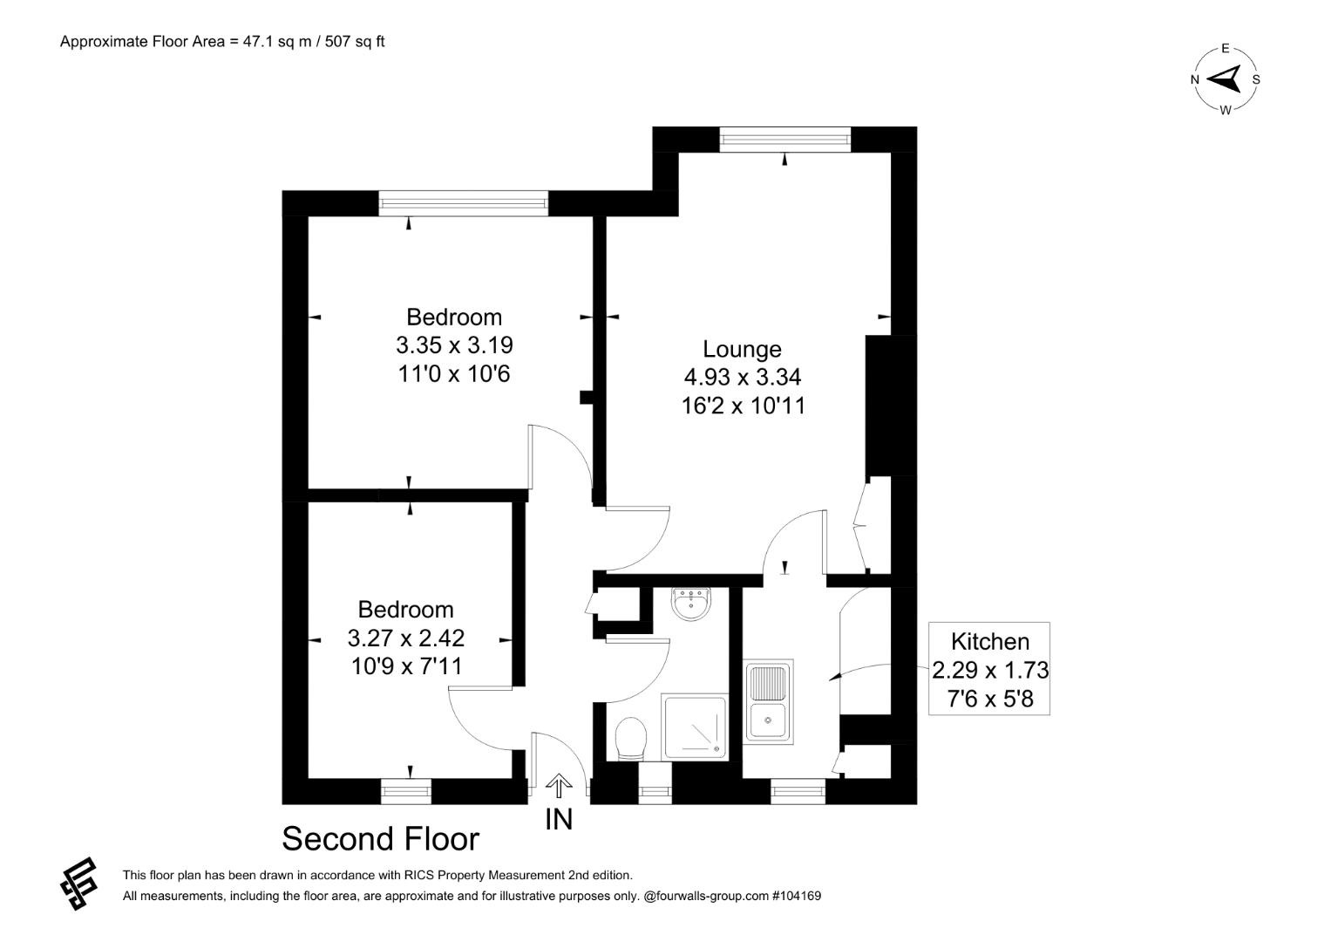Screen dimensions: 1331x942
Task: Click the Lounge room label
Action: [x=742, y=349]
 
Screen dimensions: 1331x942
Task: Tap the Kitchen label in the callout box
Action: [x=990, y=642]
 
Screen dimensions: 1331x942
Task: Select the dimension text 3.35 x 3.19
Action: [x=454, y=345]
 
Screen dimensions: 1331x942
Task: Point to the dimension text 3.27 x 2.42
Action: [x=406, y=638]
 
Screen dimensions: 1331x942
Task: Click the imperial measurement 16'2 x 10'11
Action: [x=743, y=406]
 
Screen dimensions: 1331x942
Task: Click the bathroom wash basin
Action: [x=691, y=603]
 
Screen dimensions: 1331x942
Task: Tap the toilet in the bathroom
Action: [x=631, y=740]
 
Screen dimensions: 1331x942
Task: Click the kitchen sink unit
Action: [x=768, y=701]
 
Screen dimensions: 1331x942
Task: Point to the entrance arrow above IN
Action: [x=559, y=786]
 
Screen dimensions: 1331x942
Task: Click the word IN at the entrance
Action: [x=559, y=820]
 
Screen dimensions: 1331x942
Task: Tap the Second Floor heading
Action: [x=380, y=839]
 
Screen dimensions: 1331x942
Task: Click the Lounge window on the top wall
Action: [x=785, y=140]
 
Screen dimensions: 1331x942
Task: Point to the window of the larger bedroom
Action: [x=464, y=204]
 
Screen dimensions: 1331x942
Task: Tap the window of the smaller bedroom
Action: [x=406, y=792]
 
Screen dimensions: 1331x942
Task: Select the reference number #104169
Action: [x=796, y=897]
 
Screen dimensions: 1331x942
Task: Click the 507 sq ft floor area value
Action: [x=355, y=42]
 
